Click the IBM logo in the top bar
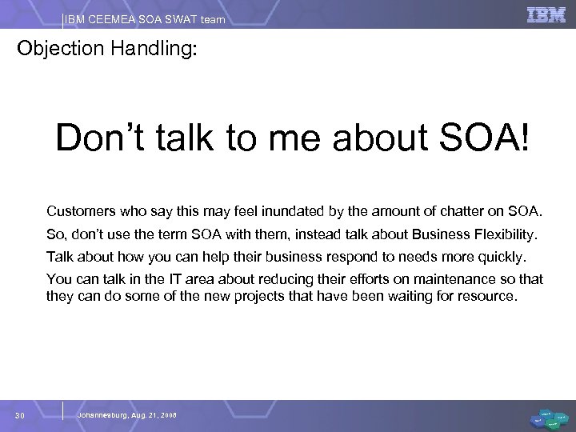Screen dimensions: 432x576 point(545,14)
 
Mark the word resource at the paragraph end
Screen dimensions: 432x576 point(490,296)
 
